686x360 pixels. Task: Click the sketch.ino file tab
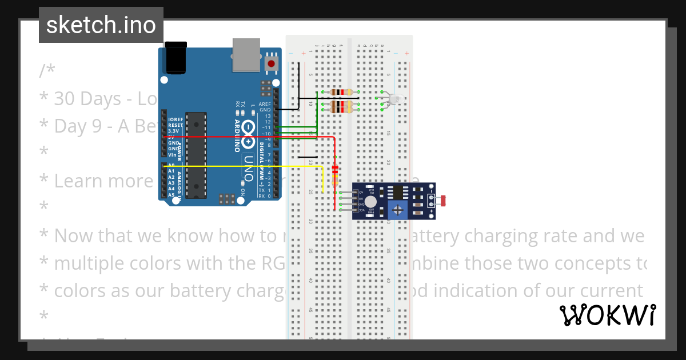click(101, 25)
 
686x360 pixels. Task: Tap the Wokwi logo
click(607, 315)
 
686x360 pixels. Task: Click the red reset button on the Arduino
click(272, 63)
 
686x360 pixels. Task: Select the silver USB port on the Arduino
click(246, 55)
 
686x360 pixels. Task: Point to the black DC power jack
click(176, 58)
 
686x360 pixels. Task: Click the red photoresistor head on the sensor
click(443, 201)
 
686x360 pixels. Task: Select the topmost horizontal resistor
click(341, 92)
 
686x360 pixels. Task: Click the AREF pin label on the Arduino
click(265, 104)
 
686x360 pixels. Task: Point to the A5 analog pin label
click(171, 195)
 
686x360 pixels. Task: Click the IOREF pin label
click(176, 119)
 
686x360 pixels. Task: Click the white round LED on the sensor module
click(370, 201)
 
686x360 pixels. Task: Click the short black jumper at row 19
click(307, 157)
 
